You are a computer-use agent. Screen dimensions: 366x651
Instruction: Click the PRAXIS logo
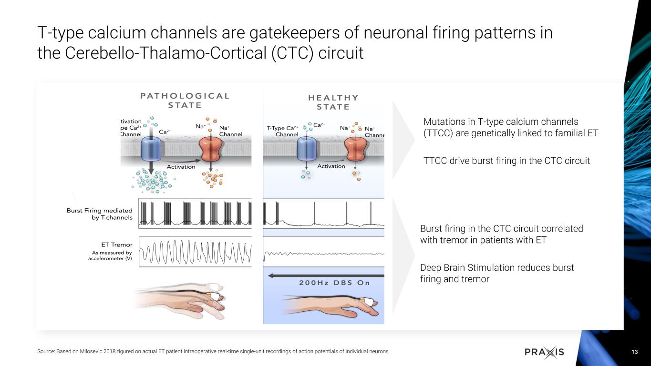(x=544, y=352)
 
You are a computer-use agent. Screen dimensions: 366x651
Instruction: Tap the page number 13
(x=634, y=352)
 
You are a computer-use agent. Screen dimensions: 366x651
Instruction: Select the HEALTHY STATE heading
(x=333, y=102)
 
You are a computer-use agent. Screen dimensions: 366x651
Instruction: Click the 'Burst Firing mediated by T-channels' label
(x=99, y=213)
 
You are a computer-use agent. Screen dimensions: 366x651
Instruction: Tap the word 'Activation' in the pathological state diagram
(x=181, y=167)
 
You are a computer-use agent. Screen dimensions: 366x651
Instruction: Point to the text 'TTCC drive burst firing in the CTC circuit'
(x=506, y=161)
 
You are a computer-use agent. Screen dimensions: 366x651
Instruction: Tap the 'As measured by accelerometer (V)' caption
(x=112, y=256)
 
